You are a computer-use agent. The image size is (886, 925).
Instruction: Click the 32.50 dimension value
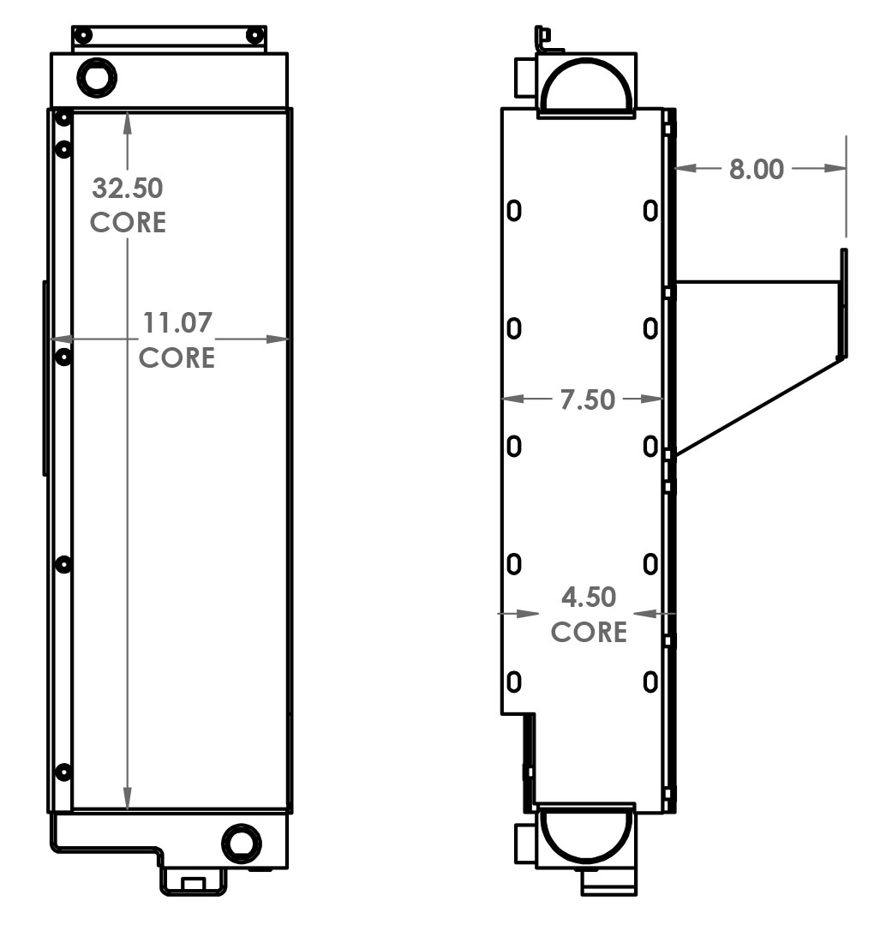click(x=128, y=187)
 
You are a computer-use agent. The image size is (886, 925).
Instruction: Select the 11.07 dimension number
click(x=177, y=323)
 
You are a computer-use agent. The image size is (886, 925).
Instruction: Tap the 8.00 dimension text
click(x=756, y=169)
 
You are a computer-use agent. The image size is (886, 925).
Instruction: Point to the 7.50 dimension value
click(x=587, y=399)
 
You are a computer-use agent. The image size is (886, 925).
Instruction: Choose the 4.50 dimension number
click(x=588, y=597)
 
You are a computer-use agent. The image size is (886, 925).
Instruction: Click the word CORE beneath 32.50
click(x=128, y=222)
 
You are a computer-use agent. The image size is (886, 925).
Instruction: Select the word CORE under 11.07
click(x=177, y=357)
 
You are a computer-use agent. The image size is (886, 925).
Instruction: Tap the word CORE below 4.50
click(x=589, y=632)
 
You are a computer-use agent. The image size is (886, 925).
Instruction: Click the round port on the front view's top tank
click(x=96, y=78)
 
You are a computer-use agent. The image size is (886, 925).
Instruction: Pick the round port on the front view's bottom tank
click(x=241, y=844)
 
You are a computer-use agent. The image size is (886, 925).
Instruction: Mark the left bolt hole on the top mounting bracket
click(x=83, y=35)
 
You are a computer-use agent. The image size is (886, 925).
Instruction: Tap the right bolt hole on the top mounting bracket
click(x=254, y=35)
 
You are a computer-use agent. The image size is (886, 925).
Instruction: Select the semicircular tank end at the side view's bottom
click(x=587, y=833)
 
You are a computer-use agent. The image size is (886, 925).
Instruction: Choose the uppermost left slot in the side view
click(x=514, y=210)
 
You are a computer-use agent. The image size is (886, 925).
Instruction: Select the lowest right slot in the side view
click(x=650, y=682)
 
